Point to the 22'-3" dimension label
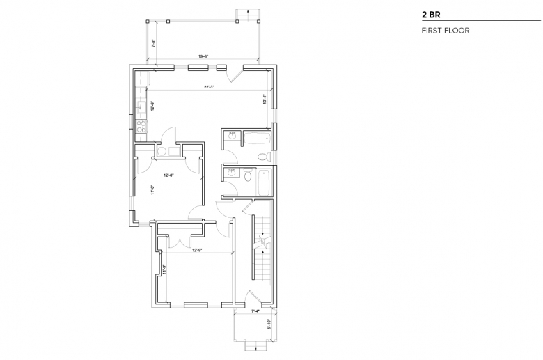point(208,88)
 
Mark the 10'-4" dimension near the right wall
point(264,100)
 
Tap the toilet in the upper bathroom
point(262,157)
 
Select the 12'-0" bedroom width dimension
point(169,175)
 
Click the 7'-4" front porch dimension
point(255,311)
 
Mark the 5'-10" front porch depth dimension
point(278,322)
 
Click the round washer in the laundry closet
point(162,150)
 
